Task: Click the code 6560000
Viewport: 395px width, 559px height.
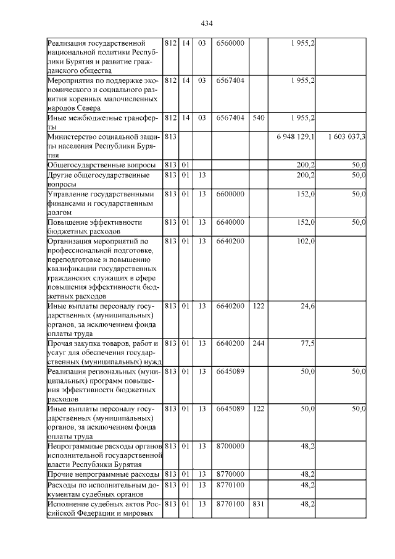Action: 230,43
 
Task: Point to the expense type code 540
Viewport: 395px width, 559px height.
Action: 258,117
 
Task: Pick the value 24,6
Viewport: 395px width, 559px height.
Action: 307,306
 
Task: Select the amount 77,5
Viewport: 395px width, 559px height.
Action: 307,343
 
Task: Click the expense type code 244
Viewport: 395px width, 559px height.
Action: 258,343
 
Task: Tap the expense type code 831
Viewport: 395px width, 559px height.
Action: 258,505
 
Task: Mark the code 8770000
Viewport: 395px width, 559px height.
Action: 230,474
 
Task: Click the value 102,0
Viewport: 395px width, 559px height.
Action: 306,241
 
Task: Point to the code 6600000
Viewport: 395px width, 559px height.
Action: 230,194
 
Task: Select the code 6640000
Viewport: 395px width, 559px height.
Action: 230,222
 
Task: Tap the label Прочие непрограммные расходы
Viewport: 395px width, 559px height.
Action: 103,474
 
